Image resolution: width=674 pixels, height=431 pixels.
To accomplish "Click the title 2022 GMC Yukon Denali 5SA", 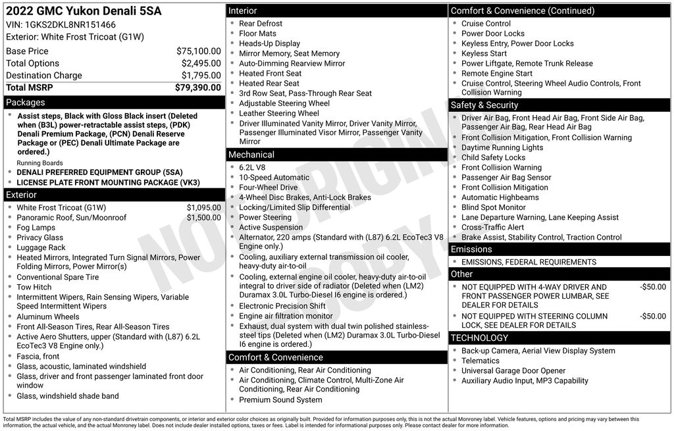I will pyautogui.click(x=84, y=11).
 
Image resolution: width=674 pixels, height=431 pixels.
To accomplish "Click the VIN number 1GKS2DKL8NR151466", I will pyautogui.click(x=70, y=24).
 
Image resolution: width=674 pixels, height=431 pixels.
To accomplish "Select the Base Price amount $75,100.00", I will pyautogui.click(x=198, y=51).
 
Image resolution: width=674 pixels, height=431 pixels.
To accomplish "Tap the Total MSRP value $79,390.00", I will pyautogui.click(x=197, y=88).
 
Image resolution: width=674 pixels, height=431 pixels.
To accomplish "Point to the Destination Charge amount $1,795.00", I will pyautogui.click(x=201, y=76).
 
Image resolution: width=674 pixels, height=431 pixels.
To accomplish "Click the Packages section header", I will pyautogui.click(x=26, y=103).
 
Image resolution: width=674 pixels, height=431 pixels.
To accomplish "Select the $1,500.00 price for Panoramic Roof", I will pyautogui.click(x=203, y=218).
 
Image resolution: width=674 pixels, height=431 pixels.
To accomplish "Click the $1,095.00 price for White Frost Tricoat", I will pyautogui.click(x=203, y=207).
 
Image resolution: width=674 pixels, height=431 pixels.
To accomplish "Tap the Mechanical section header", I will pyautogui.click(x=251, y=155).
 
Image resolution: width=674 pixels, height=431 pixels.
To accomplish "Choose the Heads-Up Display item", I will pyautogui.click(x=269, y=43).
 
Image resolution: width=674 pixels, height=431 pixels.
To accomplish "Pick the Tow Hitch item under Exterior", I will pyautogui.click(x=34, y=287).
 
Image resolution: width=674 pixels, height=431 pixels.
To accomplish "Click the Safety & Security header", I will pyautogui.click(x=484, y=105).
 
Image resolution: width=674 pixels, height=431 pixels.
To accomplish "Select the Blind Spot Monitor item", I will pyautogui.click(x=494, y=207).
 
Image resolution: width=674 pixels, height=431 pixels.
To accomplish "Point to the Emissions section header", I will pyautogui.click(x=471, y=249).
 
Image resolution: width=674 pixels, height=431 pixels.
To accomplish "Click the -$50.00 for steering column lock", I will pyautogui.click(x=652, y=316).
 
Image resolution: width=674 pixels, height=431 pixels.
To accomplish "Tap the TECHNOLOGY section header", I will pyautogui.click(x=479, y=338).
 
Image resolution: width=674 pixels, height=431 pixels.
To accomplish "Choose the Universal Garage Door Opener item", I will pyautogui.click(x=513, y=370).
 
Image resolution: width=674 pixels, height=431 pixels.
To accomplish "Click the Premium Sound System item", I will pyautogui.click(x=280, y=399).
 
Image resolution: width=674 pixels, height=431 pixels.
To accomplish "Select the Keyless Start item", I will pyautogui.click(x=484, y=53).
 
